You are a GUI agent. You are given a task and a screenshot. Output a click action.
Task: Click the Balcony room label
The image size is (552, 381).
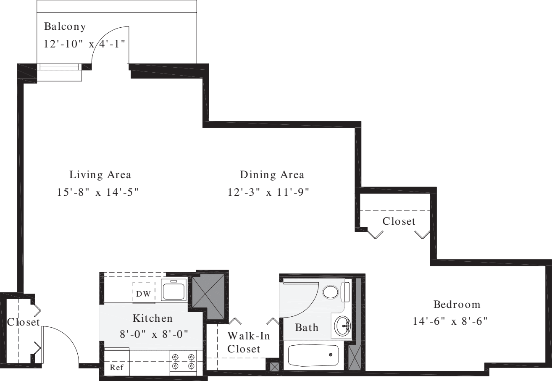coord(65,27)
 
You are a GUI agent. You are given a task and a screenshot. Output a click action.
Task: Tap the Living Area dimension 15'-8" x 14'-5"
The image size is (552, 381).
coord(98,192)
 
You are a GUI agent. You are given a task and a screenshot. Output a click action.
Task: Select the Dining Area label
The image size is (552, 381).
coord(272,174)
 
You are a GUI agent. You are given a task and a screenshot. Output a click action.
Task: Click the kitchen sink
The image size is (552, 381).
coord(174,289)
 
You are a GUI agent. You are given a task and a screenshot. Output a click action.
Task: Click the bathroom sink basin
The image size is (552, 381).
coord(344,325)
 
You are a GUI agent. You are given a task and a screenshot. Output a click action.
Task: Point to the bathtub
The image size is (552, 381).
coord(313,356)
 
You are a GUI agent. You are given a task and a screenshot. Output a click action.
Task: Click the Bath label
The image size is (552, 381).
coord(306,327)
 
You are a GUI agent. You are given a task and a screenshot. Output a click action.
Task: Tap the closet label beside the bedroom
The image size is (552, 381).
coord(399,221)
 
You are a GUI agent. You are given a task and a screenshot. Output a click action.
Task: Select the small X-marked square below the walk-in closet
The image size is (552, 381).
coord(274,366)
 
